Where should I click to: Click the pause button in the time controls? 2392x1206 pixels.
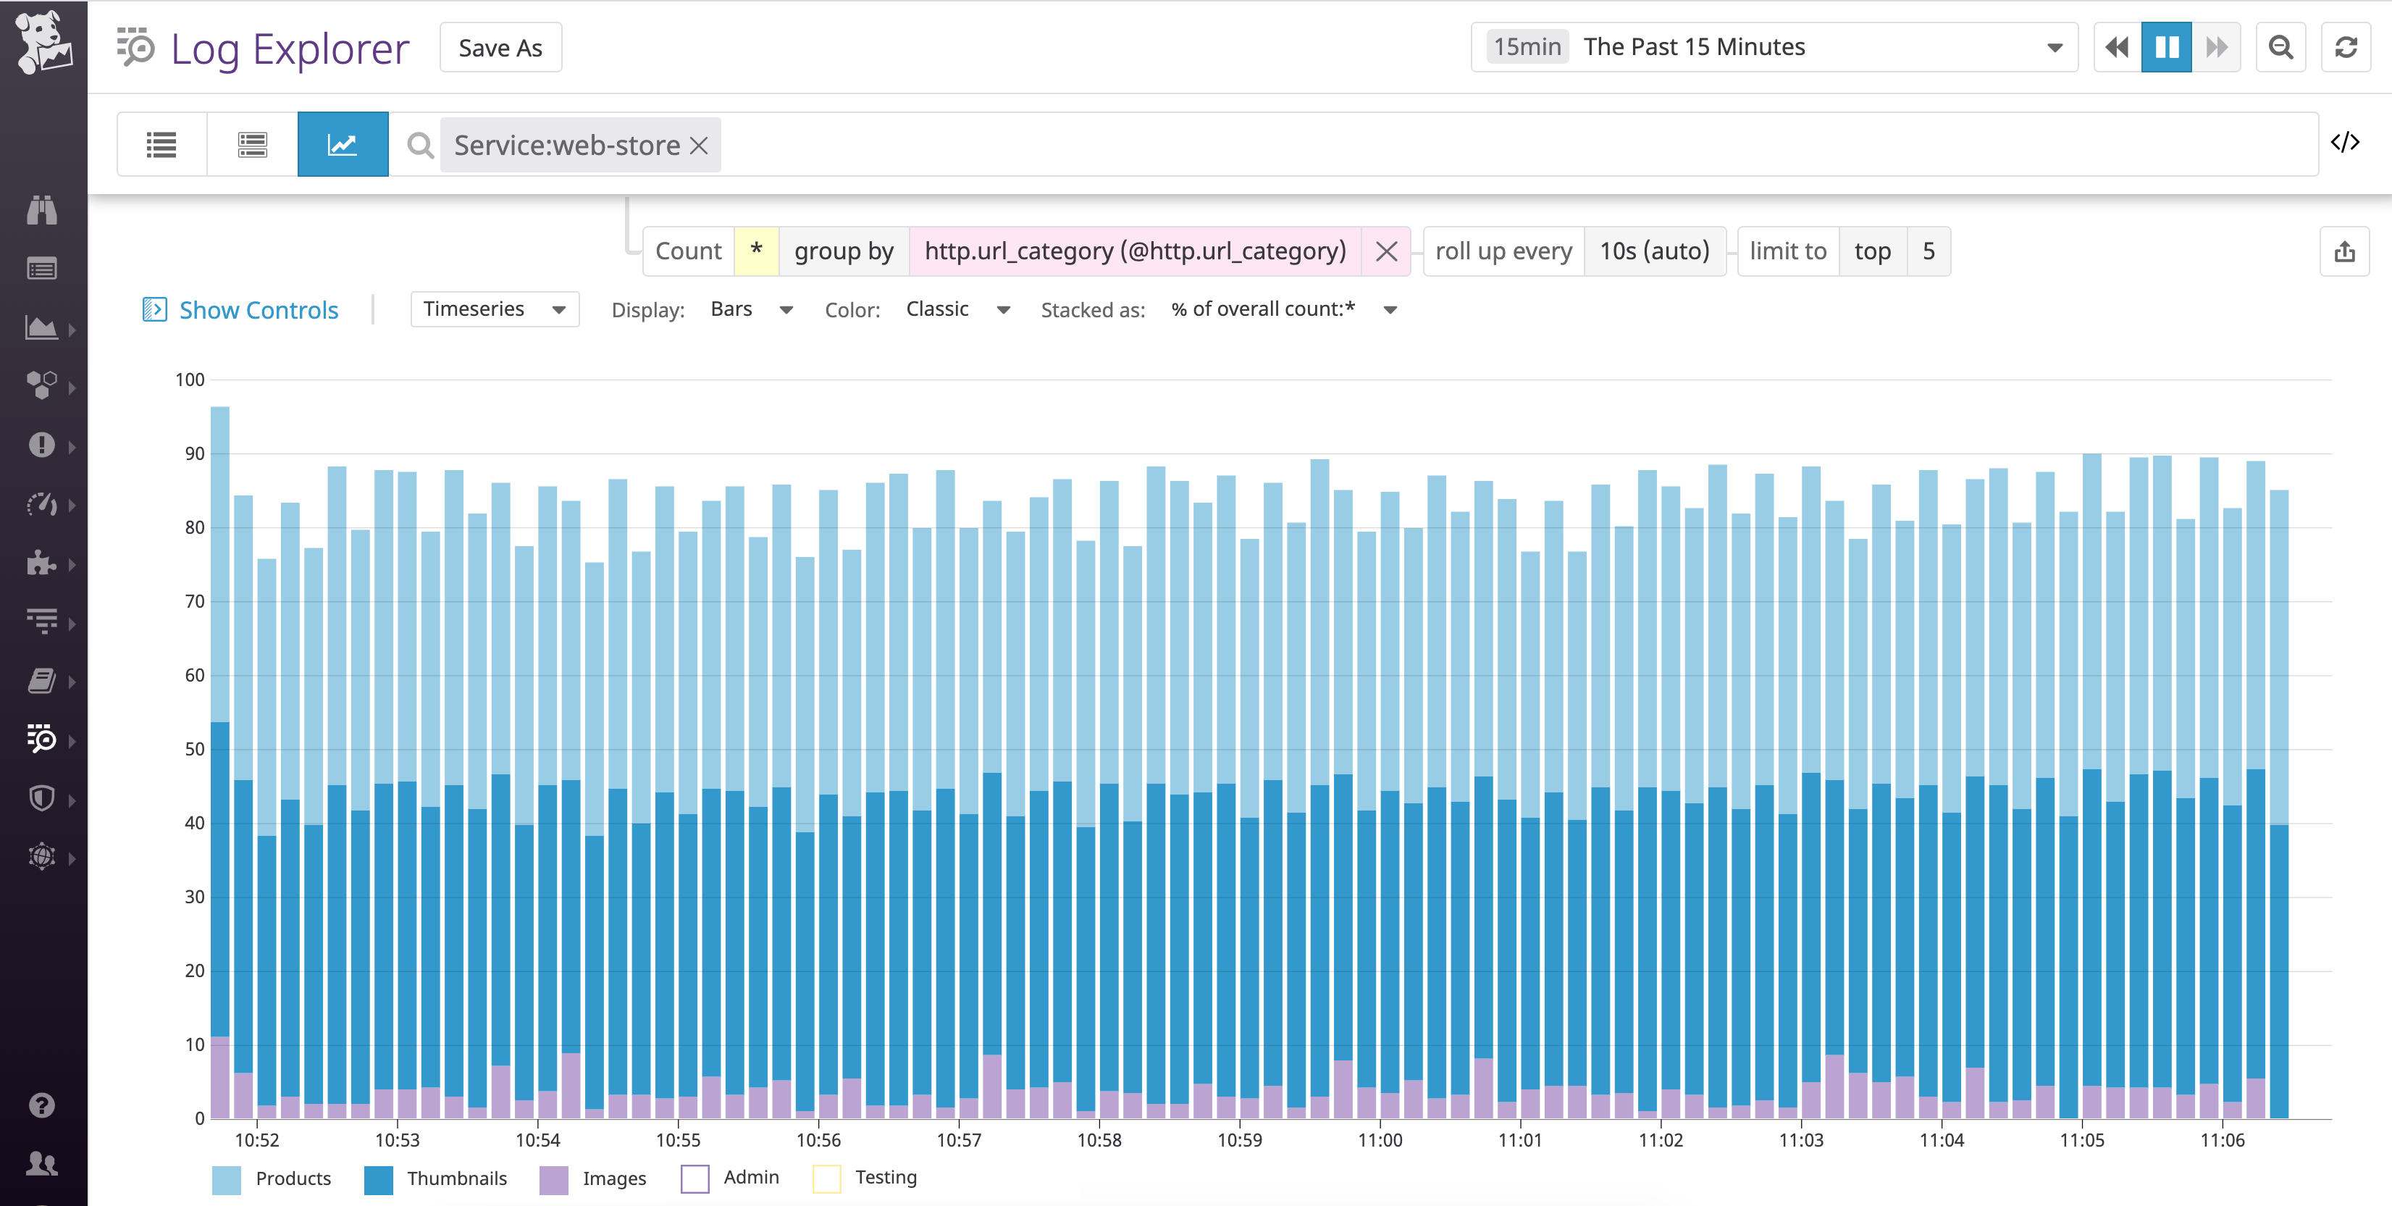[x=2165, y=47]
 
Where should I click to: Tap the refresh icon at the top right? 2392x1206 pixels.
[x=2346, y=47]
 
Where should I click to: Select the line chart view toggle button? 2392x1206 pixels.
[x=343, y=145]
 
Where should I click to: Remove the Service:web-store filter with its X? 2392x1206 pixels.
[x=700, y=146]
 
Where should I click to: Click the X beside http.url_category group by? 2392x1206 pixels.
[x=1385, y=251]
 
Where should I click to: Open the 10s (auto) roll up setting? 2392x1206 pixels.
[x=1654, y=251]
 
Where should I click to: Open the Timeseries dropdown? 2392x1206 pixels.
[x=494, y=309]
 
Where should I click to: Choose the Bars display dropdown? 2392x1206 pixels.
[x=750, y=309]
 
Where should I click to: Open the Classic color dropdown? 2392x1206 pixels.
[x=957, y=309]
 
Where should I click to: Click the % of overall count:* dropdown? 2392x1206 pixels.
[x=1281, y=309]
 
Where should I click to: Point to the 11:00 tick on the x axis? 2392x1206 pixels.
[x=1380, y=1140]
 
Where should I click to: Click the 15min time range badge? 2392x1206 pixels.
[x=1527, y=47]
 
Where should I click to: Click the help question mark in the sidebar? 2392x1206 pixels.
[x=42, y=1105]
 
